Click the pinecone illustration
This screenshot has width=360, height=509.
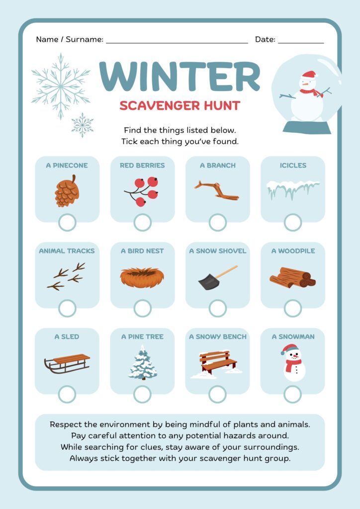click(67, 191)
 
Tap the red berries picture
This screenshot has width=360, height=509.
click(141, 191)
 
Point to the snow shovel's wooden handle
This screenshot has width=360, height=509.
click(226, 272)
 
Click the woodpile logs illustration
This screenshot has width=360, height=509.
click(292, 277)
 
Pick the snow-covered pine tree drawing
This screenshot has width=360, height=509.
click(143, 362)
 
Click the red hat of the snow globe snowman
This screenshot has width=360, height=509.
click(309, 75)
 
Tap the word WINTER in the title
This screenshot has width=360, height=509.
click(180, 77)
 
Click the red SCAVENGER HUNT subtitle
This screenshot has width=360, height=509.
click(180, 105)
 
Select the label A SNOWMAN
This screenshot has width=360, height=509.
click(293, 337)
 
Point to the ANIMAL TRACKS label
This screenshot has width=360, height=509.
click(67, 251)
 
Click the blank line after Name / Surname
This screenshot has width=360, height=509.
click(177, 43)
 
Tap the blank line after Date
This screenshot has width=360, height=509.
click(301, 43)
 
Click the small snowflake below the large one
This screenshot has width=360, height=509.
click(83, 125)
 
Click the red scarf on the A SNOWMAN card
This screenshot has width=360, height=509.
click(293, 364)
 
